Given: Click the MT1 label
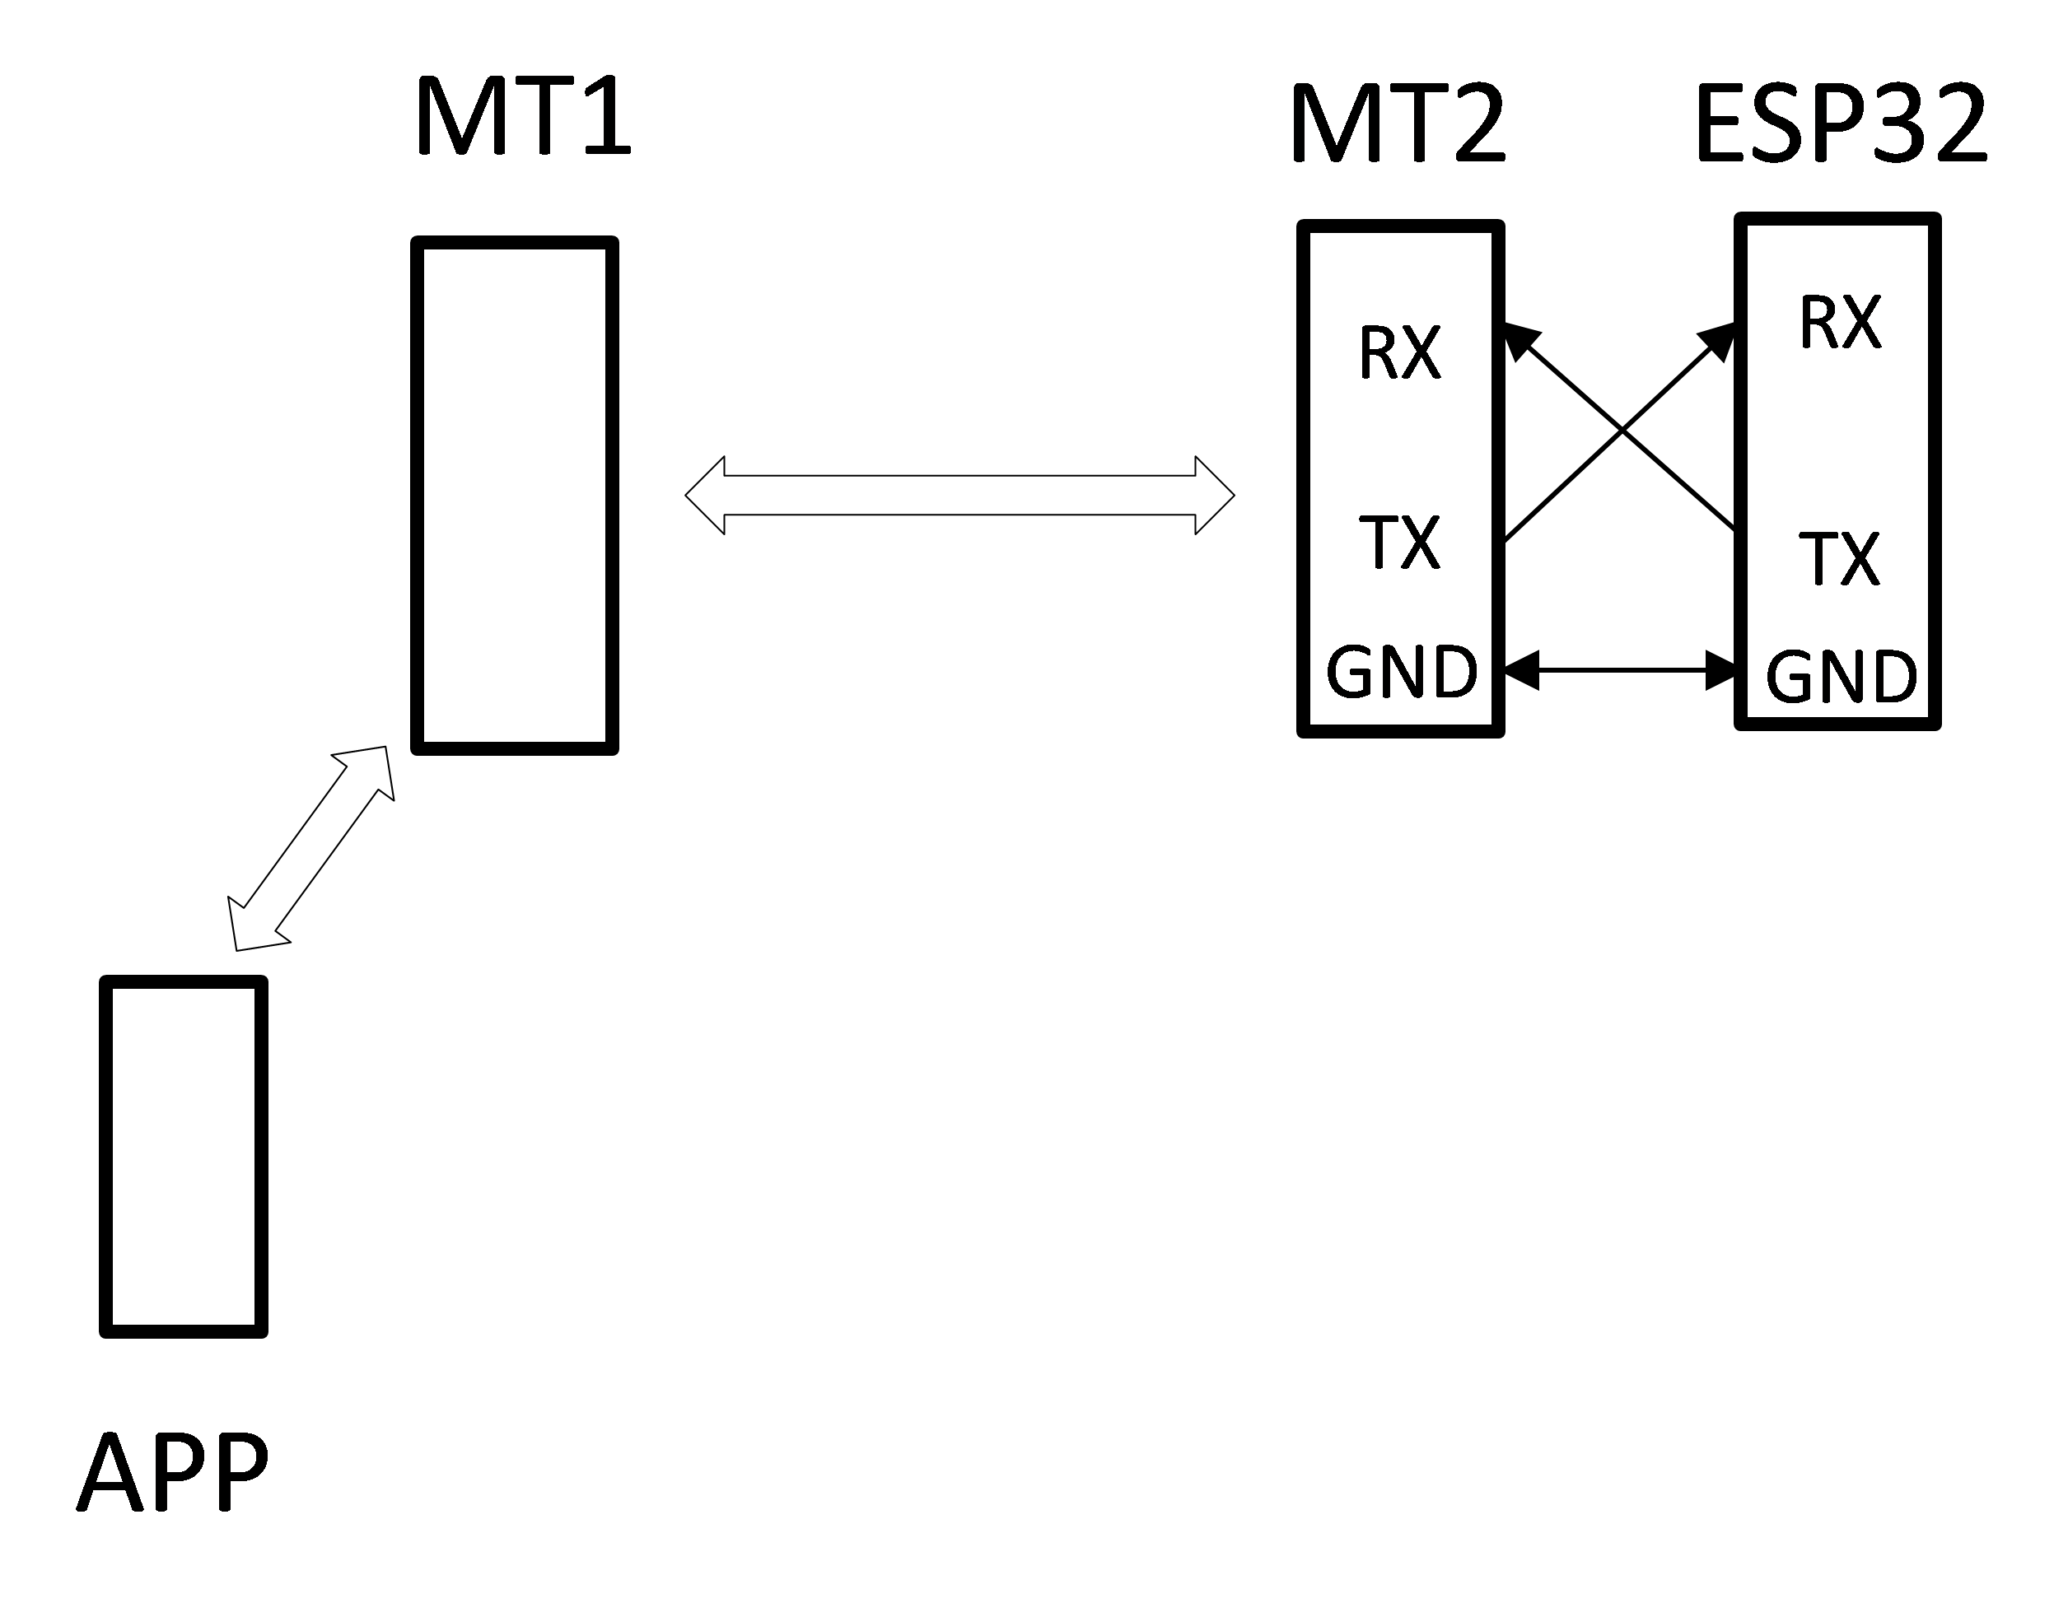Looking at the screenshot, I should coord(523,118).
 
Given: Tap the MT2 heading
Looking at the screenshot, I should coord(1398,125).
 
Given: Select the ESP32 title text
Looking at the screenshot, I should coord(1841,125).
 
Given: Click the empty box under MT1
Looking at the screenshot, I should coord(514,495).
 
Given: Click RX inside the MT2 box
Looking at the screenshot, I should coord(1399,353).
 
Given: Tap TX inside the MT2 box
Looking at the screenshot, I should coord(1399,543).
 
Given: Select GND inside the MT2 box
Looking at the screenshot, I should coord(1402,672).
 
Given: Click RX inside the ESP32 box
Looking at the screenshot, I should coord(1840,324).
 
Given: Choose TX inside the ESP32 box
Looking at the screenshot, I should coord(1839,558).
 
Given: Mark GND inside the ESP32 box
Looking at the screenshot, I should coord(1841,677).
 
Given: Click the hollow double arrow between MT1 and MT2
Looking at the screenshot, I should coord(959,495).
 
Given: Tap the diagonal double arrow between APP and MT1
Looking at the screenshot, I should coord(310,847).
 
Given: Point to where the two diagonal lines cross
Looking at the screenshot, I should coord(1621,432).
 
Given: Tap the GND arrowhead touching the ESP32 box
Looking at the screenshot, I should coord(1720,670).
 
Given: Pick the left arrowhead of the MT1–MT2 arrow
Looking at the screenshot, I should coord(707,495).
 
